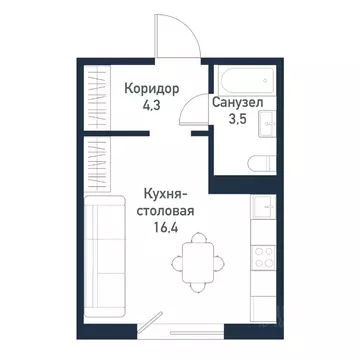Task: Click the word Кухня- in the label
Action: (x=161, y=195)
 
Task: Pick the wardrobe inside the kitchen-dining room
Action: (x=95, y=159)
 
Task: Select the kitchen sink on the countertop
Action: (x=265, y=209)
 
